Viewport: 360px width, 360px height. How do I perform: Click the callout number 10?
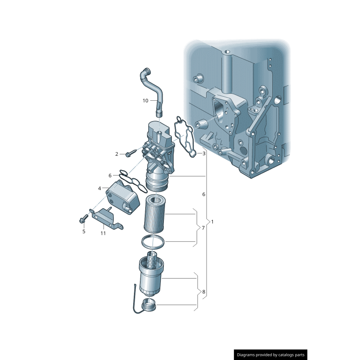pos(145,101)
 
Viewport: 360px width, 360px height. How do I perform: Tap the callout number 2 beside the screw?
pos(117,154)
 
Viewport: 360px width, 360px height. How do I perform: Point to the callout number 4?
pos(99,188)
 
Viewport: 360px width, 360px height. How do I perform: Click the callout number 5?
pos(83,231)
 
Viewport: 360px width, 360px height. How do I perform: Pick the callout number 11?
pos(103,233)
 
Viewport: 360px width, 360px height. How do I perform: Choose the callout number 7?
pos(203,228)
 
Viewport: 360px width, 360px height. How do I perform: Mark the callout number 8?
pos(203,292)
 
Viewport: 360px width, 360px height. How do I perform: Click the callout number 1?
pos(213,222)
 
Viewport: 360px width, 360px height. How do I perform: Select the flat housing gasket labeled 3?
pos(184,135)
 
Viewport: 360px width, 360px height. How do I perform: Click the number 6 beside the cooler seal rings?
pos(109,175)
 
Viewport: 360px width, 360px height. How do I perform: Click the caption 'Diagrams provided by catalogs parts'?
pos(271,355)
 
